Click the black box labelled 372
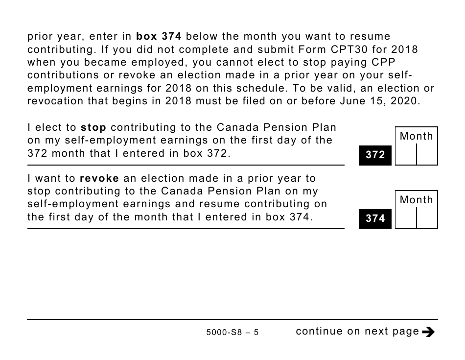375,155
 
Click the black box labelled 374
375,219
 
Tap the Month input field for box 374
416,218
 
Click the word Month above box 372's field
417,136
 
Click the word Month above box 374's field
417,200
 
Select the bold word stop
93,128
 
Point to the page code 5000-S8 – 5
232,333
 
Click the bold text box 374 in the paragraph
159,37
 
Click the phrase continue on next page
357,332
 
